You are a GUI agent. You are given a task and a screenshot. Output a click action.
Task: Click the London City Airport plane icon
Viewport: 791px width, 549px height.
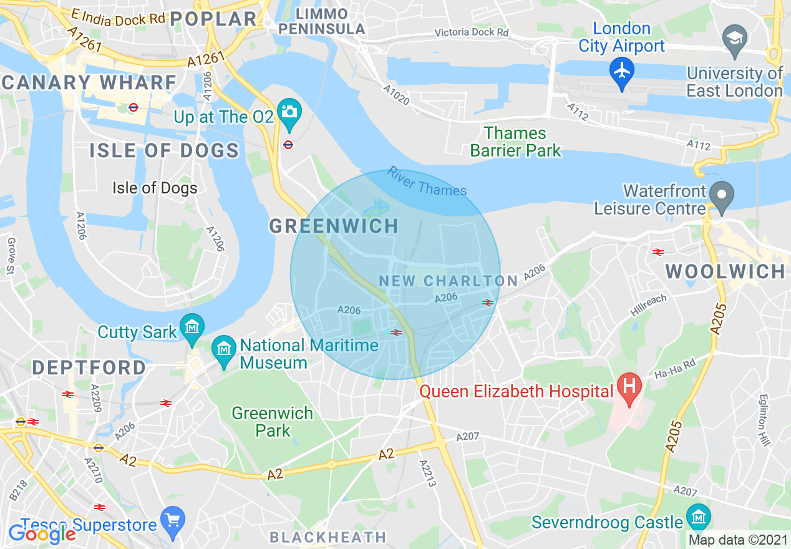click(622, 69)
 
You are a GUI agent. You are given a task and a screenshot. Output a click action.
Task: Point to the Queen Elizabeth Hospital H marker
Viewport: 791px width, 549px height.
click(629, 387)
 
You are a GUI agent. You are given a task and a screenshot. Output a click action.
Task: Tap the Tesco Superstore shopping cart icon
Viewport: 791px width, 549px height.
click(172, 520)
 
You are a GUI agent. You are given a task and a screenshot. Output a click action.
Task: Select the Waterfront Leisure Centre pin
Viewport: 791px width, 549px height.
click(722, 195)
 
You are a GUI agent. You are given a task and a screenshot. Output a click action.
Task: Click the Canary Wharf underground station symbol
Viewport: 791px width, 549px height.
click(133, 107)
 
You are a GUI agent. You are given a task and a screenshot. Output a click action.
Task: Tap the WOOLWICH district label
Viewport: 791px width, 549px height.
click(725, 271)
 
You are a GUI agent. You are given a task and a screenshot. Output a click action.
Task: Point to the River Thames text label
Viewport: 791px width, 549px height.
click(427, 182)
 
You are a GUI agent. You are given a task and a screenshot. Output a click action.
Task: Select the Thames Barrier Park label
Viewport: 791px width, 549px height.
click(515, 142)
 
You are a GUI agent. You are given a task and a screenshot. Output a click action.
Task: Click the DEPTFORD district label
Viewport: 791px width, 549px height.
click(89, 367)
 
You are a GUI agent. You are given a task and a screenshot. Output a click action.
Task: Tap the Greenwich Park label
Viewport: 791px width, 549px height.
click(273, 422)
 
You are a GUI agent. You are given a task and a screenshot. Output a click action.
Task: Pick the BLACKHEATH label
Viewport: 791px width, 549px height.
click(328, 537)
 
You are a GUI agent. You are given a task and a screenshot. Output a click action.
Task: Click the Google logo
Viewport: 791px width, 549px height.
click(42, 533)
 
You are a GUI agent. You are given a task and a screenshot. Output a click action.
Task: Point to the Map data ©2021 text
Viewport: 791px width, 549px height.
click(737, 540)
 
